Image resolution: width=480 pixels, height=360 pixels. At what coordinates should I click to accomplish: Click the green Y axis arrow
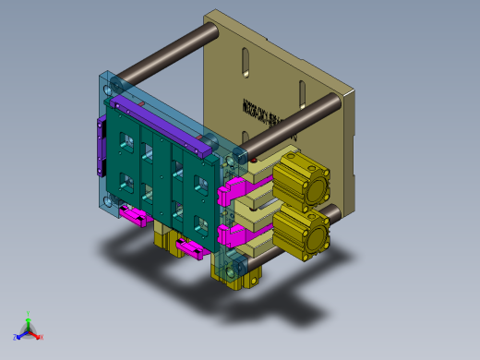click(x=29, y=317)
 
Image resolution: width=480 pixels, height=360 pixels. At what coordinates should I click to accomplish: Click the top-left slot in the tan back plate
click(x=246, y=64)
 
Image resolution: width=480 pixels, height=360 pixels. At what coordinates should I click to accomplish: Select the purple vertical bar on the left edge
click(x=97, y=148)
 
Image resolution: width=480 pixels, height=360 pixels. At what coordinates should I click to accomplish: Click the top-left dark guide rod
click(x=162, y=57)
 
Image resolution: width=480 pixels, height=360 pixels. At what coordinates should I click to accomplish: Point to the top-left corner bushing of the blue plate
click(x=114, y=90)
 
